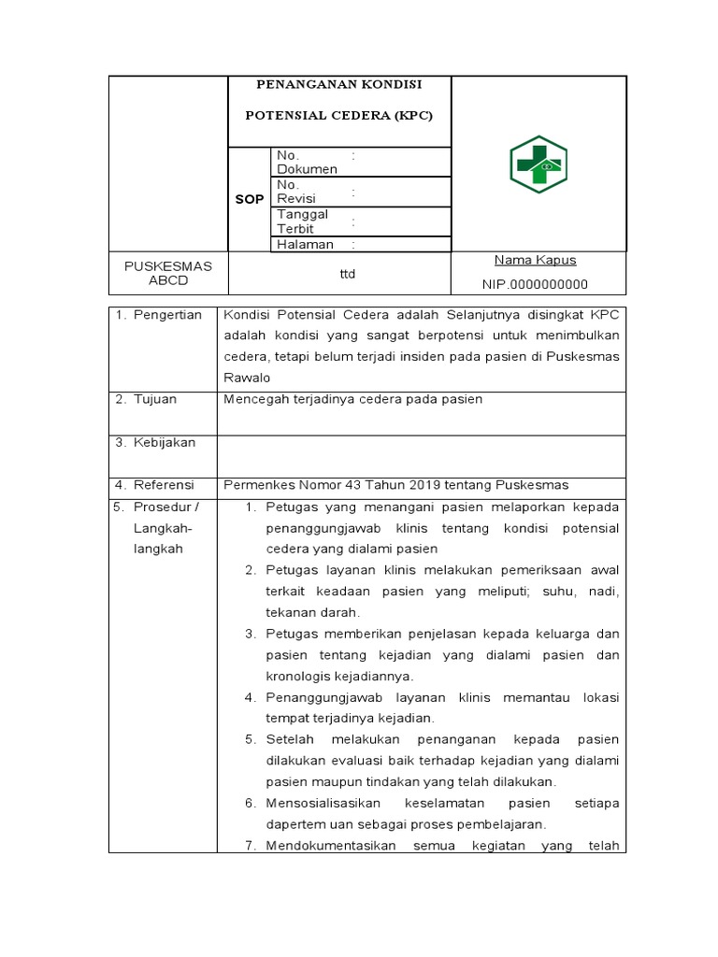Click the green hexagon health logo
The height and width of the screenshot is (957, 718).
tap(538, 164)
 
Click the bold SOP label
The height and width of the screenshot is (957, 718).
tap(249, 199)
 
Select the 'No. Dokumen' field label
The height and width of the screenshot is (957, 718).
tap(307, 162)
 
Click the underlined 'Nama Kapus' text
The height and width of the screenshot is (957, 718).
tap(535, 260)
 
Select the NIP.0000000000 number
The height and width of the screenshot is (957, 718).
tap(535, 284)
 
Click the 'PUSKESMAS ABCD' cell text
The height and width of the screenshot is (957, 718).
tap(168, 273)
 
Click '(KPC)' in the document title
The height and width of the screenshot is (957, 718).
tap(413, 116)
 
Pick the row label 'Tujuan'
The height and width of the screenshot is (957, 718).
tap(158, 399)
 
